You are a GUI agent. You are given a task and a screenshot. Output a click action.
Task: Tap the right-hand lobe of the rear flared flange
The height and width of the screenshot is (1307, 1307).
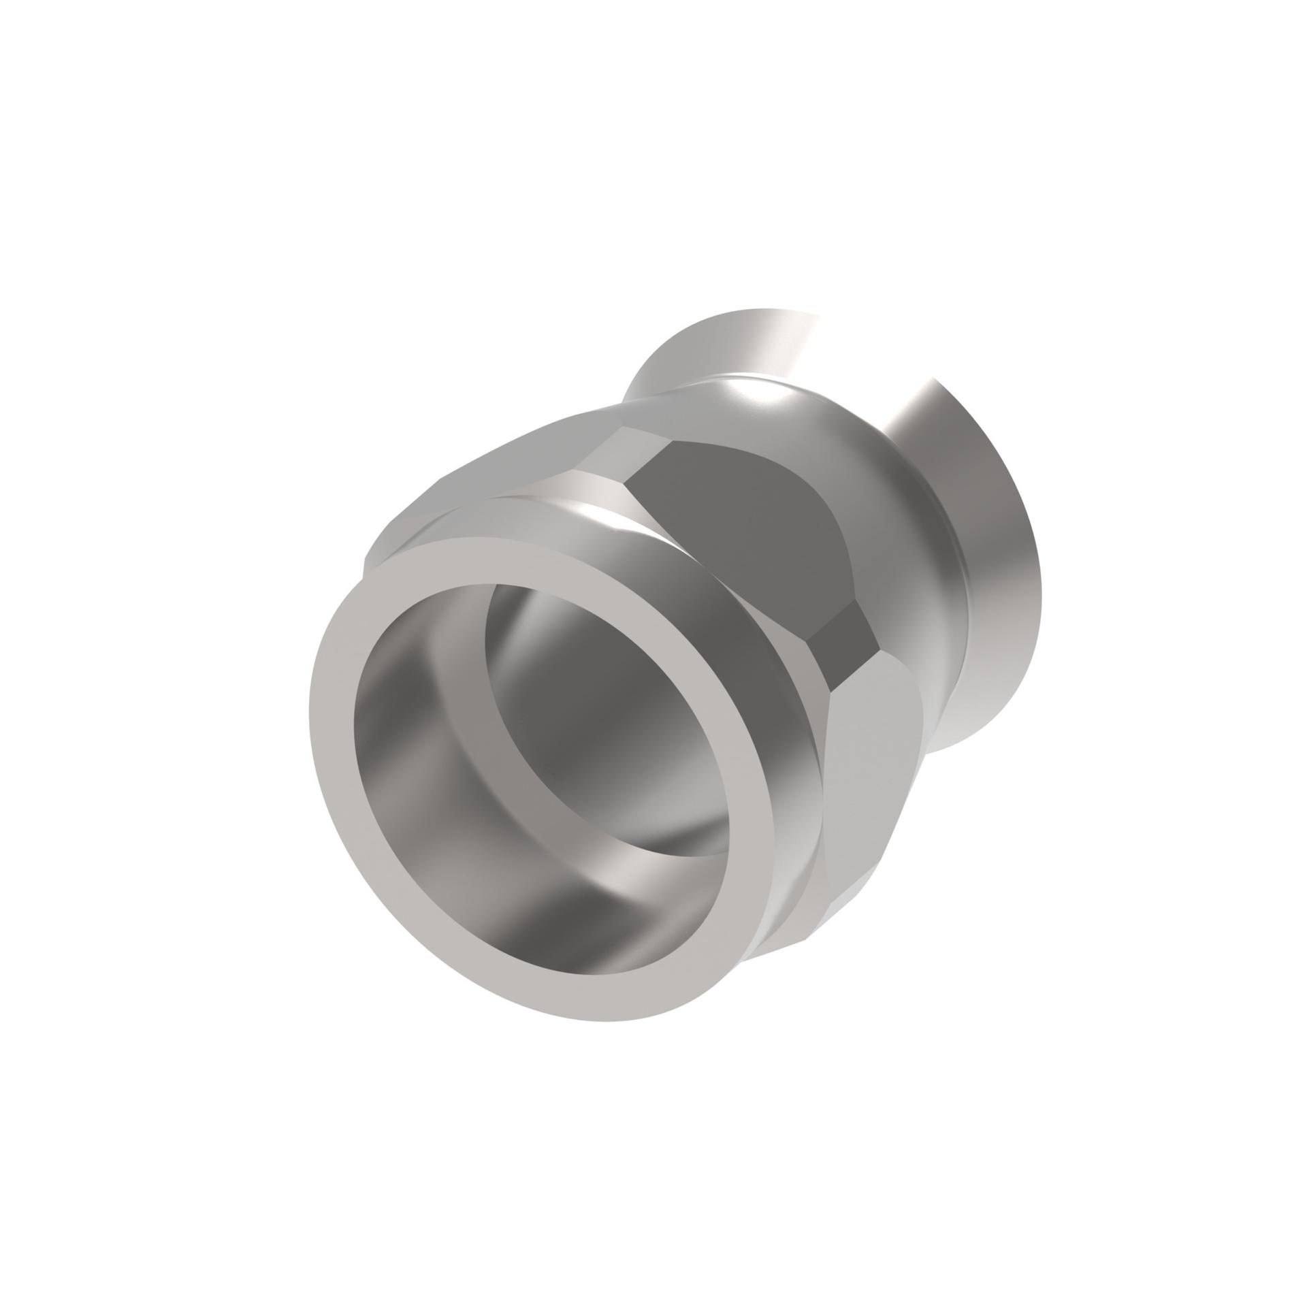pyautogui.click(x=980, y=545)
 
